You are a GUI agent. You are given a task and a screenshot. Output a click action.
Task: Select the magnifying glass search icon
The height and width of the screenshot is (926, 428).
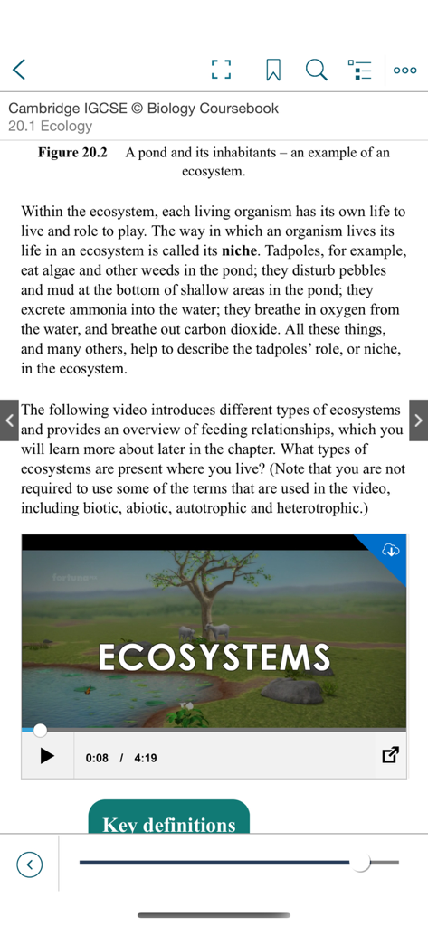click(316, 69)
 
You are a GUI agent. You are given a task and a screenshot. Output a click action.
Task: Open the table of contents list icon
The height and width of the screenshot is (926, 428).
click(360, 69)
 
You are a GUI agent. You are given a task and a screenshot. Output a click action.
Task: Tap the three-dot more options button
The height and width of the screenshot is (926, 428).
click(404, 69)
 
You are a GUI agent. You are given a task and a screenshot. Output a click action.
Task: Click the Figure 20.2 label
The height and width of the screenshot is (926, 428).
click(72, 153)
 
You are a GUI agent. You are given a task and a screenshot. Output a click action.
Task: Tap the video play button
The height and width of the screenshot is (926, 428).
click(47, 756)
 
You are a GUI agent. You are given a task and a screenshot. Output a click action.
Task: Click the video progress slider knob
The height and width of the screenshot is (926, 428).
click(40, 729)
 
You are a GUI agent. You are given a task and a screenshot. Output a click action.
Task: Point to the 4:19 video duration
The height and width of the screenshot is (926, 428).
click(145, 757)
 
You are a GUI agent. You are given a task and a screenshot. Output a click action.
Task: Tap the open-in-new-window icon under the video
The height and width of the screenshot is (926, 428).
click(390, 755)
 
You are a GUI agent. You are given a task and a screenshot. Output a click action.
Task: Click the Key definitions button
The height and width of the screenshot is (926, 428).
click(169, 823)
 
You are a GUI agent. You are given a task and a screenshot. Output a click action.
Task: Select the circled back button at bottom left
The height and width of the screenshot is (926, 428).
click(29, 865)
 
